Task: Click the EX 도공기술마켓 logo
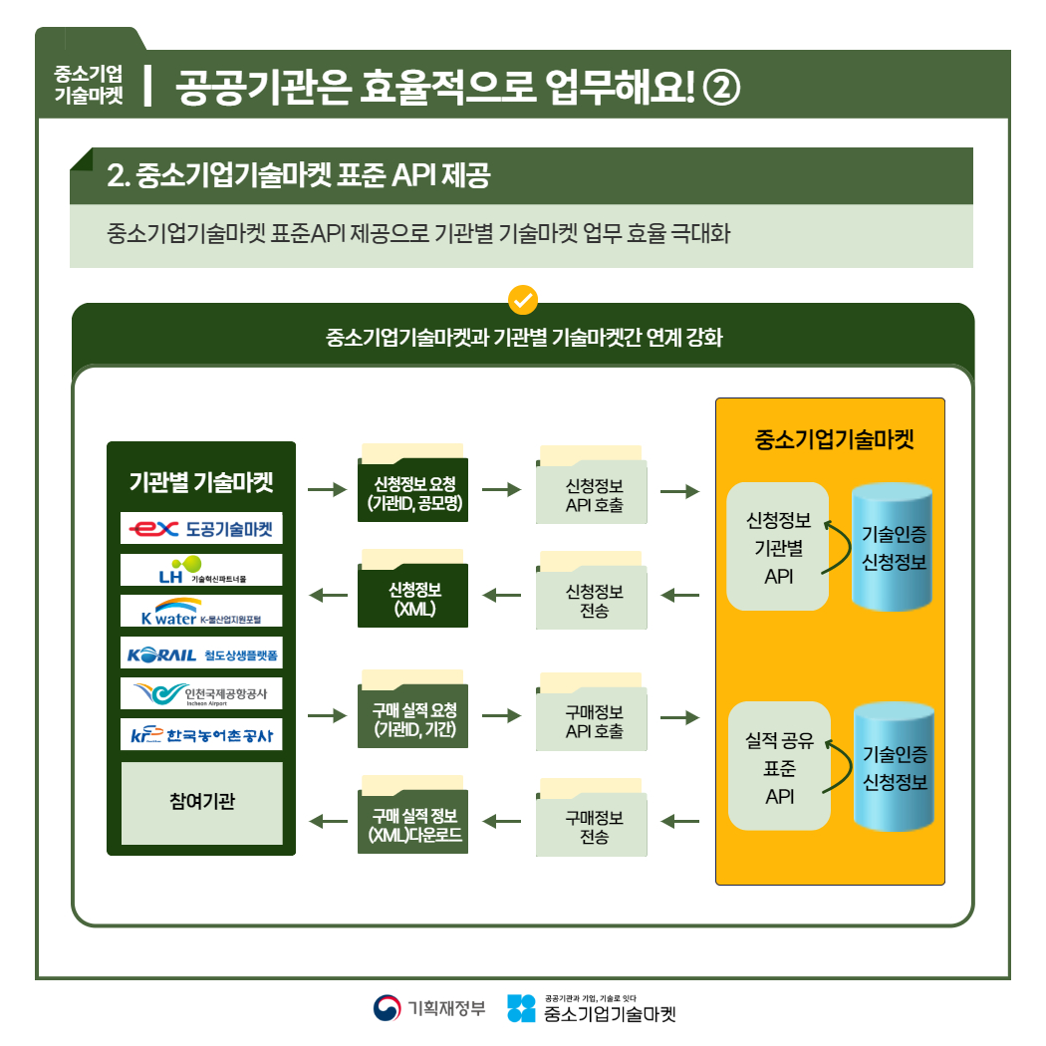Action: click(x=201, y=529)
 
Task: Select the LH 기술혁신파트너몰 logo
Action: click(x=201, y=571)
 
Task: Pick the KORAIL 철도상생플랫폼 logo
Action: click(x=201, y=654)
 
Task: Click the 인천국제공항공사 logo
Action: click(x=201, y=693)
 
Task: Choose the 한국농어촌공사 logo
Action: click(x=201, y=735)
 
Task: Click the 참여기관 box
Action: click(x=201, y=803)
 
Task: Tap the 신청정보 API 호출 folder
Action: click(x=594, y=495)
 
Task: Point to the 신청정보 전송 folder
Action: click(x=594, y=600)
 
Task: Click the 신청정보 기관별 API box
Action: click(x=777, y=547)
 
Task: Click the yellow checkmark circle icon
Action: click(x=522, y=299)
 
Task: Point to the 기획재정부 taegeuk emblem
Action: click(x=386, y=1008)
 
